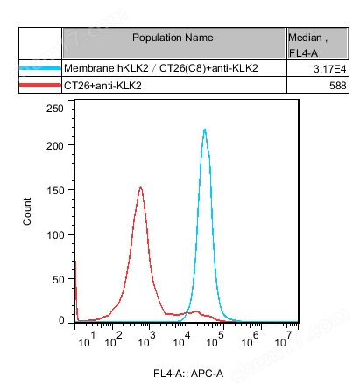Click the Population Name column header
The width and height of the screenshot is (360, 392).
click(173, 38)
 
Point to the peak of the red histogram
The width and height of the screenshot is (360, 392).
click(141, 186)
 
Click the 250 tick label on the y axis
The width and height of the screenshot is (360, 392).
click(55, 107)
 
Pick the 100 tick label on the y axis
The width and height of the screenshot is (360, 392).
click(55, 235)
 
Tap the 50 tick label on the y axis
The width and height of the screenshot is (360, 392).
click(58, 278)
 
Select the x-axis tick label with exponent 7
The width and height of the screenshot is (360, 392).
click(293, 339)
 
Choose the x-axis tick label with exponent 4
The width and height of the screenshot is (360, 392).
click(187, 339)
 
